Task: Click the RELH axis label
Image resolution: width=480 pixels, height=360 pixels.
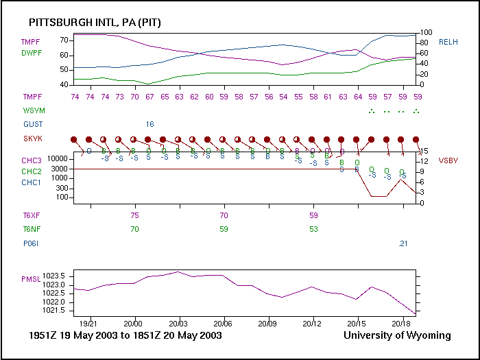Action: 449,42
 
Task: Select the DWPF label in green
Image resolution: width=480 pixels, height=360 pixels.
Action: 32,52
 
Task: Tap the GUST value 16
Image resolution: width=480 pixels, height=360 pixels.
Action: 149,124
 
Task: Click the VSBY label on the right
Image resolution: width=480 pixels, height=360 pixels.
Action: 449,160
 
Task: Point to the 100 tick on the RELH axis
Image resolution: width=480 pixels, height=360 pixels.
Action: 425,32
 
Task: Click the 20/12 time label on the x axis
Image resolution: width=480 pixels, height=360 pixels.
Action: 313,322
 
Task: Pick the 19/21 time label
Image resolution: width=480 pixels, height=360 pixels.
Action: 89,322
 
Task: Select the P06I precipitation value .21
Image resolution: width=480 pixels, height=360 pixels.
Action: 403,243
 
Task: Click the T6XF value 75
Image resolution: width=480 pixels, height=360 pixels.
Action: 134,215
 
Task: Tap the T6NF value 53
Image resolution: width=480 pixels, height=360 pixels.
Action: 313,229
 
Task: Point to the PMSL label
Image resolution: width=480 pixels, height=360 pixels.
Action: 32,280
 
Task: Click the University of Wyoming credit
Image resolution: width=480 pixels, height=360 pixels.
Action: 397,335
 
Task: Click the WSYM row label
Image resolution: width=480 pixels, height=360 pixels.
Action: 32,110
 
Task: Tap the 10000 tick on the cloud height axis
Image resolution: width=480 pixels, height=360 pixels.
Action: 56,158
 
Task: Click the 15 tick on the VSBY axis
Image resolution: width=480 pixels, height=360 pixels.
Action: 424,152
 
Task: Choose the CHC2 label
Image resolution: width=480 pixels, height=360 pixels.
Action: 32,171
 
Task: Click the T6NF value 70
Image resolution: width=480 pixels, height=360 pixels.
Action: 134,229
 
